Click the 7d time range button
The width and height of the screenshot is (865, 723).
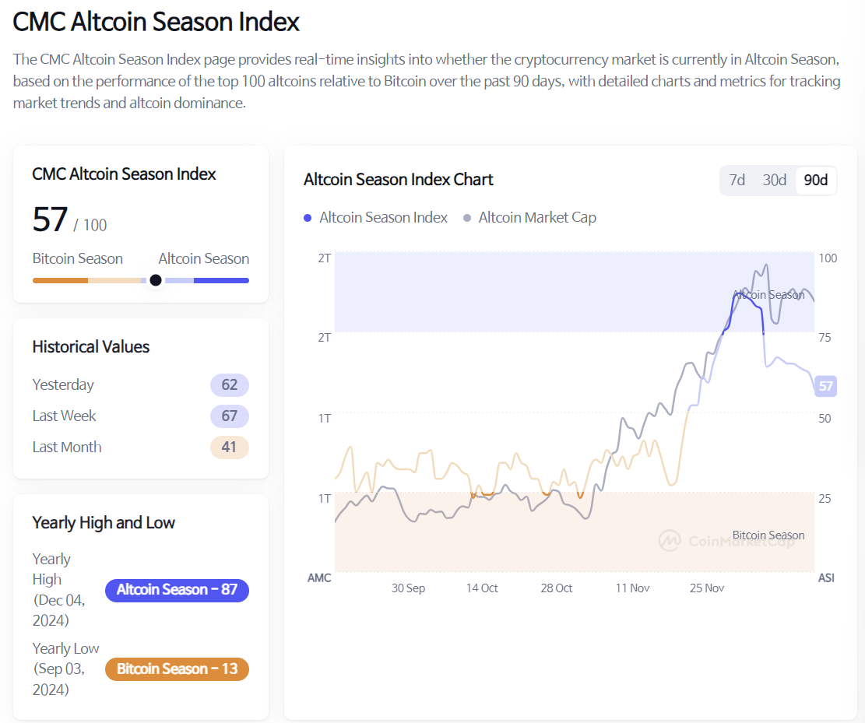tap(737, 180)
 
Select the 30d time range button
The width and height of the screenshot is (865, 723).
tap(774, 180)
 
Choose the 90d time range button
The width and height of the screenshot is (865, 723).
tap(815, 180)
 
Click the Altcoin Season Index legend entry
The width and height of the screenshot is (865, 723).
tap(376, 218)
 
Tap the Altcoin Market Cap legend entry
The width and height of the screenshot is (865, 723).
tap(529, 218)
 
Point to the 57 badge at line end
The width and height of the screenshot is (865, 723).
tap(825, 385)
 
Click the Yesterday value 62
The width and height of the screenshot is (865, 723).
tap(229, 384)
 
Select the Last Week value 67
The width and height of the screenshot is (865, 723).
tap(229, 416)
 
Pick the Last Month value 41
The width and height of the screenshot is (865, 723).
tap(229, 447)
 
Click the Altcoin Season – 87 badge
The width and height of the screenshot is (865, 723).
tap(177, 590)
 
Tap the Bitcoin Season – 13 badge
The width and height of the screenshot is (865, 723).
tap(177, 669)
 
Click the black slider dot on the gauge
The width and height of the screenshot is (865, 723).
tap(156, 280)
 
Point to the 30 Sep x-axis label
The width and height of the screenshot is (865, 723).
tap(408, 588)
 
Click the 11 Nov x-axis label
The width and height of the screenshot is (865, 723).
tap(632, 588)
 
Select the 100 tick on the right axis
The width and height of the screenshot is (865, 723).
tap(828, 258)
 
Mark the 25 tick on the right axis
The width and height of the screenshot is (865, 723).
tap(825, 498)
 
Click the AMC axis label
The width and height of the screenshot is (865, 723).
tap(319, 578)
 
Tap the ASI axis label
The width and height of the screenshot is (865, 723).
tap(826, 578)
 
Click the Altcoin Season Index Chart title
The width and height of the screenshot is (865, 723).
tap(398, 180)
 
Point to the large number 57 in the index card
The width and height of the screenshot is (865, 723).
tap(51, 220)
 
